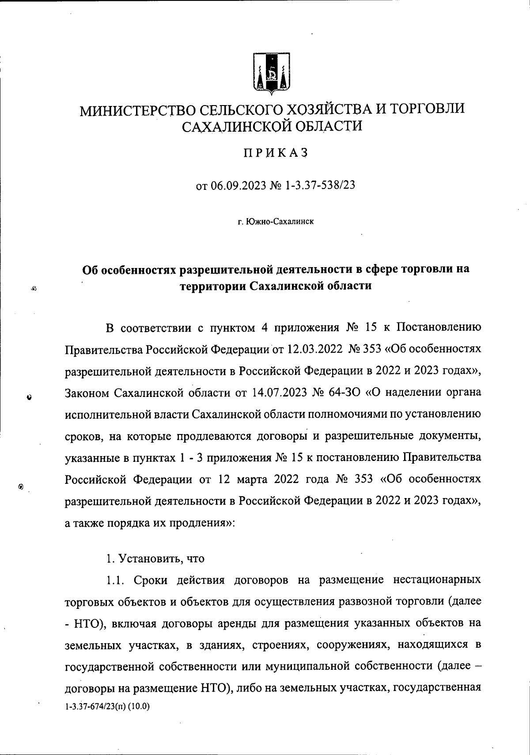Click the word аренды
click(231, 623)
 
